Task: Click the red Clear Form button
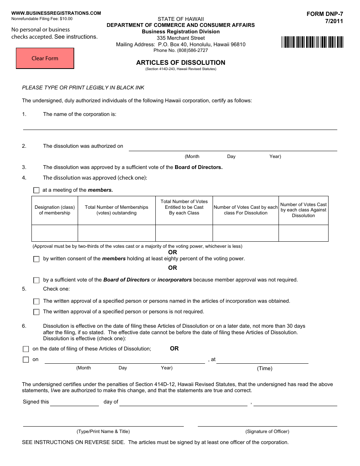pyautogui.click(x=45, y=58)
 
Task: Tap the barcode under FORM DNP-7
pyautogui.click(x=312, y=42)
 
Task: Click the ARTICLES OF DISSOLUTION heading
pyautogui.click(x=181, y=63)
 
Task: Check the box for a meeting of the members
pyautogui.click(x=36, y=190)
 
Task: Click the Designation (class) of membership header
pyautogui.click(x=55, y=210)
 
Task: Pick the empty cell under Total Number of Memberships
pyautogui.click(x=116, y=233)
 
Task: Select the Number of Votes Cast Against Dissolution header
pyautogui.click(x=303, y=210)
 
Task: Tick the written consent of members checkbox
pyautogui.click(x=36, y=259)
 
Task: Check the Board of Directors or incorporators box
pyautogui.click(x=36, y=280)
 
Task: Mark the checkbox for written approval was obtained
pyautogui.click(x=36, y=302)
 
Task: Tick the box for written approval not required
pyautogui.click(x=36, y=312)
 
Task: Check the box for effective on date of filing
pyautogui.click(x=26, y=349)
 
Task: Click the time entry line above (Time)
pyautogui.click(x=262, y=360)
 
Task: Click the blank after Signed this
pyautogui.click(x=74, y=402)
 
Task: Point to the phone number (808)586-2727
pyautogui.click(x=181, y=50)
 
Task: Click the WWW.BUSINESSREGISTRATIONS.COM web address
pyautogui.click(x=56, y=13)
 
